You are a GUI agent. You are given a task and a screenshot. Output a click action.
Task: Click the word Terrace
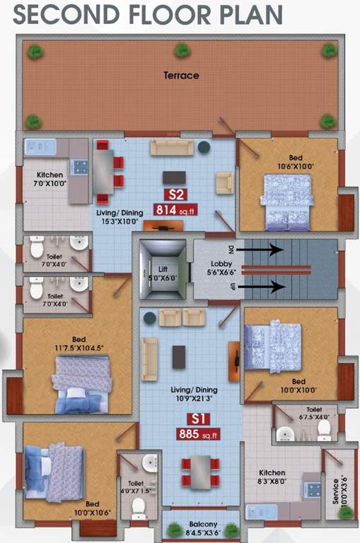pyautogui.click(x=181, y=75)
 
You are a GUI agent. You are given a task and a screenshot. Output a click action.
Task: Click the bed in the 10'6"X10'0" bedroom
pyautogui.click(x=286, y=201)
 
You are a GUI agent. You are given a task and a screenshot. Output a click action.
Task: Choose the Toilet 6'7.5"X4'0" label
pyautogui.click(x=313, y=413)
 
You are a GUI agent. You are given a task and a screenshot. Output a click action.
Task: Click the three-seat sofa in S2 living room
pyautogui.click(x=171, y=147)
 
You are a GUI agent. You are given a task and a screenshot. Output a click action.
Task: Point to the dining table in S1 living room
pyautogui.click(x=200, y=470)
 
